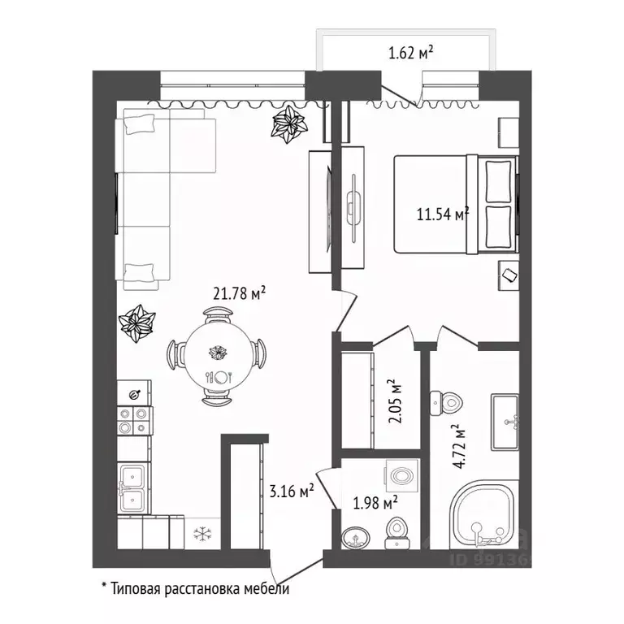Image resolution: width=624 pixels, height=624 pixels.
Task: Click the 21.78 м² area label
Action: pyautogui.click(x=239, y=293)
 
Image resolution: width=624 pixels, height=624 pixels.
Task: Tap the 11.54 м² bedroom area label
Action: pyautogui.click(x=443, y=214)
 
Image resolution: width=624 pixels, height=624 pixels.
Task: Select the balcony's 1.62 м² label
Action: pyautogui.click(x=410, y=52)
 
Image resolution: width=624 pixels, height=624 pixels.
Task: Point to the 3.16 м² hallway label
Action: pyautogui.click(x=292, y=491)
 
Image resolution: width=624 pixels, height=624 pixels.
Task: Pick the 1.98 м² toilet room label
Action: pyautogui.click(x=375, y=503)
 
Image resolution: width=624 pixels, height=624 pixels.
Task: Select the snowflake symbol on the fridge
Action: pyautogui.click(x=202, y=534)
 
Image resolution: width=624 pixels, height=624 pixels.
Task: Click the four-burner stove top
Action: pyautogui.click(x=134, y=421)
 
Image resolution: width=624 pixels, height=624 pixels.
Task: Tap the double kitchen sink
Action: pyautogui.click(x=133, y=488)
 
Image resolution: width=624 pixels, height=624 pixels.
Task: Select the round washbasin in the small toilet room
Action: pyautogui.click(x=356, y=538)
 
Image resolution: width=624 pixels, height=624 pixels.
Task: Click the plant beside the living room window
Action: pyautogui.click(x=289, y=123)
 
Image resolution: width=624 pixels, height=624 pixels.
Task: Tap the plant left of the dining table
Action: pyautogui.click(x=136, y=323)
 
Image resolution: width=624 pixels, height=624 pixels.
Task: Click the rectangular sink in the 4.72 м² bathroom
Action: pyautogui.click(x=505, y=422)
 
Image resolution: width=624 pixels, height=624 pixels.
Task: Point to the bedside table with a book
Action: pyautogui.click(x=509, y=275)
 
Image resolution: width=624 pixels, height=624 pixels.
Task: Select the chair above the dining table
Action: pyautogui.click(x=219, y=315)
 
